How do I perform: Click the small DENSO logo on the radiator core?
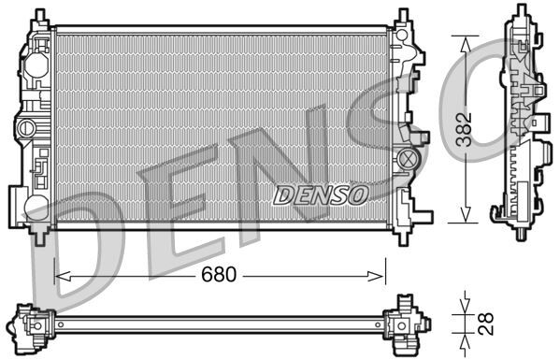[321, 194]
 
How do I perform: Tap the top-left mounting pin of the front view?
[38, 17]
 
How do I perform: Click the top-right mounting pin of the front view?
[402, 17]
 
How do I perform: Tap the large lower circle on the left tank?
[35, 206]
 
